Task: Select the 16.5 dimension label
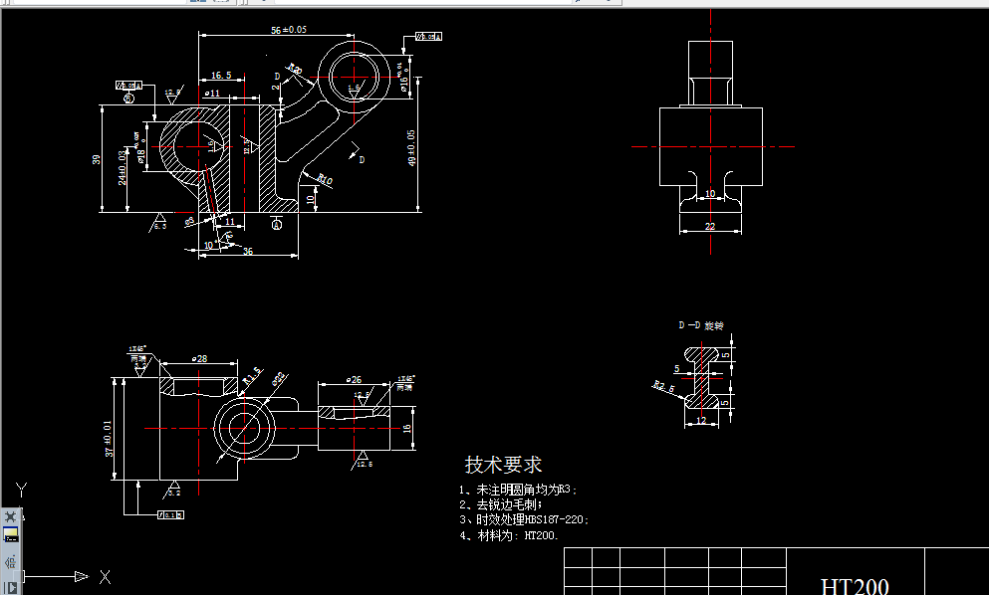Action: click(221, 76)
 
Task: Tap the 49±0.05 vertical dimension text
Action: click(412, 149)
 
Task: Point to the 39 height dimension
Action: click(96, 159)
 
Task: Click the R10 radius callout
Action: click(324, 180)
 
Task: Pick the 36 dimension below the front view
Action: click(247, 252)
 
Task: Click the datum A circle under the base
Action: click(277, 225)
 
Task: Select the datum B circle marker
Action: click(128, 98)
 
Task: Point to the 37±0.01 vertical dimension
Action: click(109, 438)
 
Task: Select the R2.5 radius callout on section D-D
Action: click(659, 386)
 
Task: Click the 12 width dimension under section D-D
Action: click(701, 421)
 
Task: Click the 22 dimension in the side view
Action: click(710, 227)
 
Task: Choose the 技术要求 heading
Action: click(503, 465)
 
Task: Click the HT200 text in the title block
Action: click(855, 585)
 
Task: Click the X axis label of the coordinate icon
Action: click(105, 577)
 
